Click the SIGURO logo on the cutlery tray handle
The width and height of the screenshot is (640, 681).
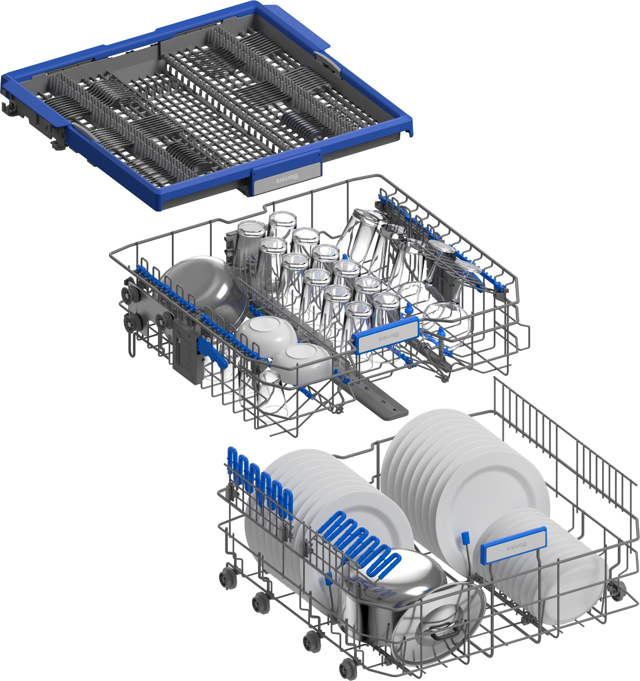(x=287, y=178)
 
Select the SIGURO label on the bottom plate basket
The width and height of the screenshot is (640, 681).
(x=516, y=546)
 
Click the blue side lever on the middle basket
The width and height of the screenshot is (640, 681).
(x=213, y=351)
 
